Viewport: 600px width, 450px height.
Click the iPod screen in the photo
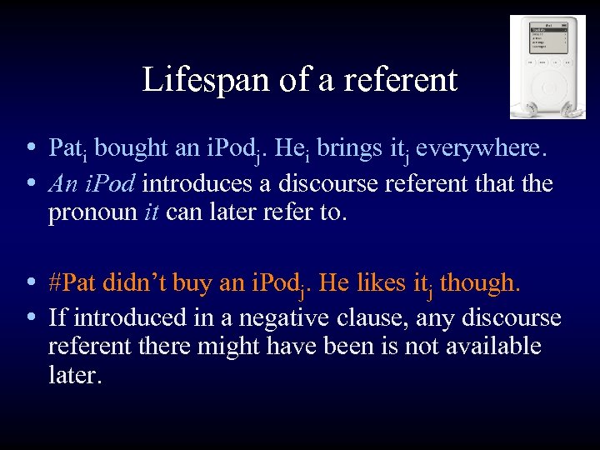[x=548, y=41]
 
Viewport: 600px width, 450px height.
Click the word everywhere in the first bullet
[x=481, y=148]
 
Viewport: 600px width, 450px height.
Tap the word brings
[x=342, y=148]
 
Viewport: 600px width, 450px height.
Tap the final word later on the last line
[x=75, y=375]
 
